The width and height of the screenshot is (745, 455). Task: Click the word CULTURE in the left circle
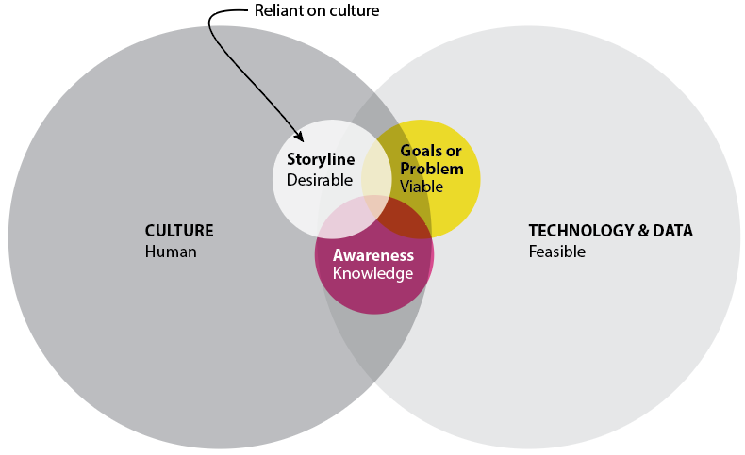179,231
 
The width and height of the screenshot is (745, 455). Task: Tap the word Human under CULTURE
171,252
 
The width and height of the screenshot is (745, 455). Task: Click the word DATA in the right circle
672,231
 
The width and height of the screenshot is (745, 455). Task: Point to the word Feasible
556,252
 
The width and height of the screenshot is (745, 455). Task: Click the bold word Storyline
321,160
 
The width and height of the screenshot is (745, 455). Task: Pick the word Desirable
320,180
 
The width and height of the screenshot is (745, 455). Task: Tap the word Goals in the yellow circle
420,151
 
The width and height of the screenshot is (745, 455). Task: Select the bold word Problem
431,169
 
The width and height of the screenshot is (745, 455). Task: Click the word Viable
422,187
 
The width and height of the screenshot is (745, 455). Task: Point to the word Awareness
373,255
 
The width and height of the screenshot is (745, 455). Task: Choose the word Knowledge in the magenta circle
373,274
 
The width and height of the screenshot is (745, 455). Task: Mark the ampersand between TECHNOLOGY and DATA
643,231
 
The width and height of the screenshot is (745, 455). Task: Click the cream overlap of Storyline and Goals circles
376,174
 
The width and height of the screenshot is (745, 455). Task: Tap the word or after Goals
454,152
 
